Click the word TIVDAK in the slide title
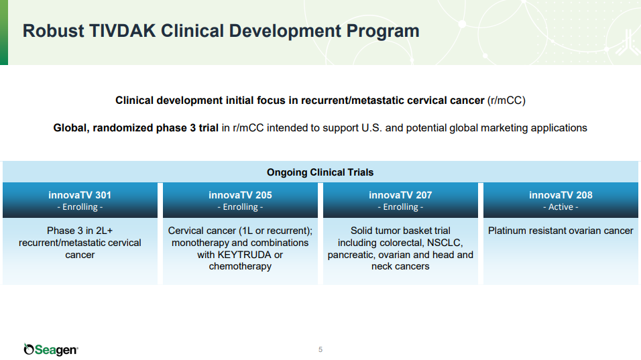tap(122, 31)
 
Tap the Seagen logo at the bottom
tap(51, 349)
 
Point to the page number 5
tap(320, 349)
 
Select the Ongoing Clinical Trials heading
tap(320, 172)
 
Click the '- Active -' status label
tap(561, 206)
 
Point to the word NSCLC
tap(445, 243)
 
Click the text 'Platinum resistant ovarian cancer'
tap(561, 231)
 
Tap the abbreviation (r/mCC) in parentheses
tap(506, 101)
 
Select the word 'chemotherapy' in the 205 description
tap(240, 266)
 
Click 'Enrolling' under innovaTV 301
tap(80, 206)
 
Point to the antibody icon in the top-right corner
tap(628, 42)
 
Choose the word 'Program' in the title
tap(383, 32)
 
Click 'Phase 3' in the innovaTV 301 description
tap(64, 231)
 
